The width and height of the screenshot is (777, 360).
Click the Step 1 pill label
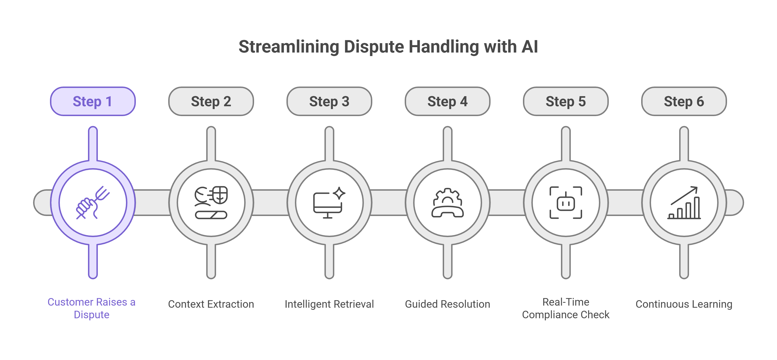[93, 102]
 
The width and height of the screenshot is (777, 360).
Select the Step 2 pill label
[211, 102]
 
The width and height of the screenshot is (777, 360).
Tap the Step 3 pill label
[329, 102]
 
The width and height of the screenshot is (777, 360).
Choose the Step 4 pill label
[447, 102]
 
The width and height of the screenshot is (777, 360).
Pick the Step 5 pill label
[566, 102]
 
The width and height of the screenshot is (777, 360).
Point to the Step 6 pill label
[684, 102]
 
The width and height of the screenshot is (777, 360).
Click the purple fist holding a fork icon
[93, 202]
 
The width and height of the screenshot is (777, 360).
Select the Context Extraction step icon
[211, 202]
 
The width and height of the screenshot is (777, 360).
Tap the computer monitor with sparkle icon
[329, 202]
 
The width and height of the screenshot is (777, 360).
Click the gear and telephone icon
[447, 202]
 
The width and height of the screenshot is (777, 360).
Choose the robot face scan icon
[566, 202]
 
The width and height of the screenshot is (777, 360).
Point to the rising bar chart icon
[684, 202]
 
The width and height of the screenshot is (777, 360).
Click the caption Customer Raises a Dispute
[91, 308]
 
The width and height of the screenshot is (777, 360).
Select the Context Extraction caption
[211, 304]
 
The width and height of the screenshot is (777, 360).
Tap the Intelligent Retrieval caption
[329, 304]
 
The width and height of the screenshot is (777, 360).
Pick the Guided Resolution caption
[447, 304]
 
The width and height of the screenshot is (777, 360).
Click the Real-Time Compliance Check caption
[566, 308]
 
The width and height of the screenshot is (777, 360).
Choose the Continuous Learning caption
[684, 304]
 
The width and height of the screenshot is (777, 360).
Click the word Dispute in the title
[374, 47]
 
